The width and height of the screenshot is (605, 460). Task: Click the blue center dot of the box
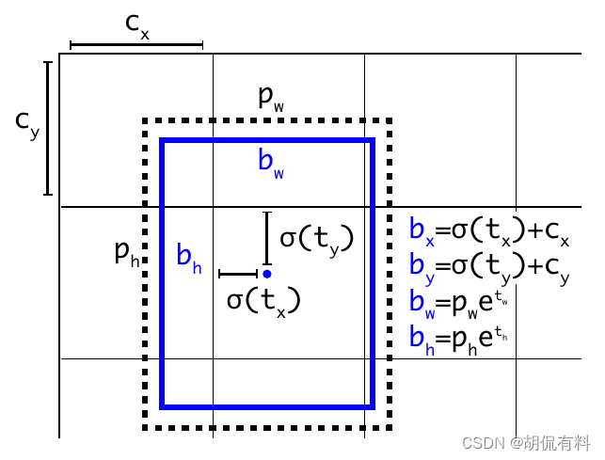(x=267, y=274)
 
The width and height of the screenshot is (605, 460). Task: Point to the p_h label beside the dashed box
(x=126, y=252)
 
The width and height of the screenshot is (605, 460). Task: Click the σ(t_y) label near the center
(x=316, y=239)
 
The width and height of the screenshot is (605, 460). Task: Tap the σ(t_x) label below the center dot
(x=263, y=300)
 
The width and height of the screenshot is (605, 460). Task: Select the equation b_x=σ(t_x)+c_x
(x=489, y=230)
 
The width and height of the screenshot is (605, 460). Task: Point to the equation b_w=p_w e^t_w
(x=461, y=302)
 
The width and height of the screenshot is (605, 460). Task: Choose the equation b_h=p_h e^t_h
(x=461, y=338)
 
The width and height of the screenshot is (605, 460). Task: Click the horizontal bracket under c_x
(x=136, y=44)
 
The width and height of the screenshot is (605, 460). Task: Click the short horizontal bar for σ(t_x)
(x=238, y=274)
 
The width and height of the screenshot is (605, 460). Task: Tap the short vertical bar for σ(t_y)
(x=267, y=239)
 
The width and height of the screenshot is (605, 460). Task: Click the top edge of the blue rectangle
(x=267, y=141)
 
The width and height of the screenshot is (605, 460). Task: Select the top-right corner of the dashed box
(x=390, y=121)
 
